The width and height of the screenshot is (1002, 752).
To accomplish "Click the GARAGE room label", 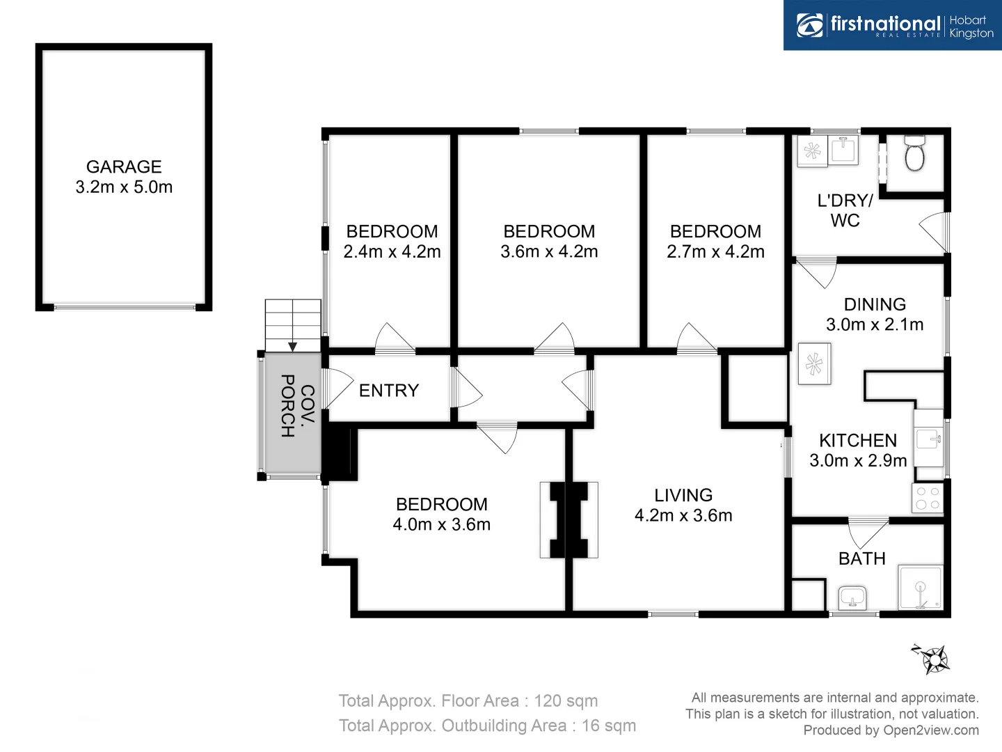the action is [124, 167].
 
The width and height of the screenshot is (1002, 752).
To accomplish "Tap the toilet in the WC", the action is [914, 155].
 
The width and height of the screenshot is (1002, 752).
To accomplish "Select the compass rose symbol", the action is [932, 657].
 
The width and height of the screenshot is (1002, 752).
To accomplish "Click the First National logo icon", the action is [810, 25].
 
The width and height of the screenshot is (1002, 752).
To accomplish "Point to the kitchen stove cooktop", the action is [928, 498].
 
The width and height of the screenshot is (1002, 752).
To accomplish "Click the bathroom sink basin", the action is [852, 597].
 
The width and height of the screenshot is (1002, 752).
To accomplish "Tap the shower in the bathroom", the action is [921, 588].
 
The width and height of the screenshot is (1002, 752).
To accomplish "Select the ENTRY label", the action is [389, 391].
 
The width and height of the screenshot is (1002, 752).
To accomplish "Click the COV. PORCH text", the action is [297, 405].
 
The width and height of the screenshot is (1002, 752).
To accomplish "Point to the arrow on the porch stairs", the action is [293, 345].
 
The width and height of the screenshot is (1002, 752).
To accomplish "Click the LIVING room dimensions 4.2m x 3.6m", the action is [683, 516].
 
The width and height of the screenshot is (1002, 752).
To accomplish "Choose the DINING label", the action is [875, 304].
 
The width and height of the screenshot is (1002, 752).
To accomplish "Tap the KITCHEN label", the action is [858, 441].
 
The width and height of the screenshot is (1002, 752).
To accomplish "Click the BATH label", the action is [862, 559].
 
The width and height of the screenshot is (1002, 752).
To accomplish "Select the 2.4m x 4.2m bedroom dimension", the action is [392, 252].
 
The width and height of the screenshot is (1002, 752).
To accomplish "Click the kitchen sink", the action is [928, 439].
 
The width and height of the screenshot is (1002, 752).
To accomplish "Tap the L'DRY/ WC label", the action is [845, 210].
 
